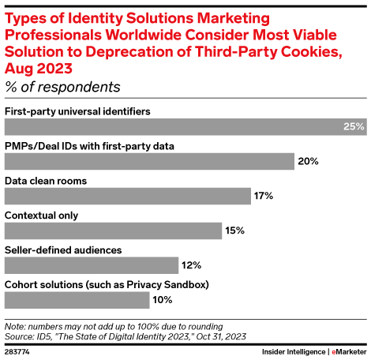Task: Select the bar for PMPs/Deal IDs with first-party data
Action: point(149,161)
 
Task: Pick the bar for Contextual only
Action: point(113,231)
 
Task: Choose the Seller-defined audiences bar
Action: point(92,265)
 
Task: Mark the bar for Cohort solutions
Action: point(77,300)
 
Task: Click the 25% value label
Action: point(354,126)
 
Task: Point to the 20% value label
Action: point(308,161)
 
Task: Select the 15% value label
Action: point(234,231)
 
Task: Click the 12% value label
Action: point(192,265)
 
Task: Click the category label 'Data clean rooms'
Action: point(46,181)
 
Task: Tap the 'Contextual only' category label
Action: point(41,216)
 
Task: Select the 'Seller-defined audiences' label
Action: point(63,250)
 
